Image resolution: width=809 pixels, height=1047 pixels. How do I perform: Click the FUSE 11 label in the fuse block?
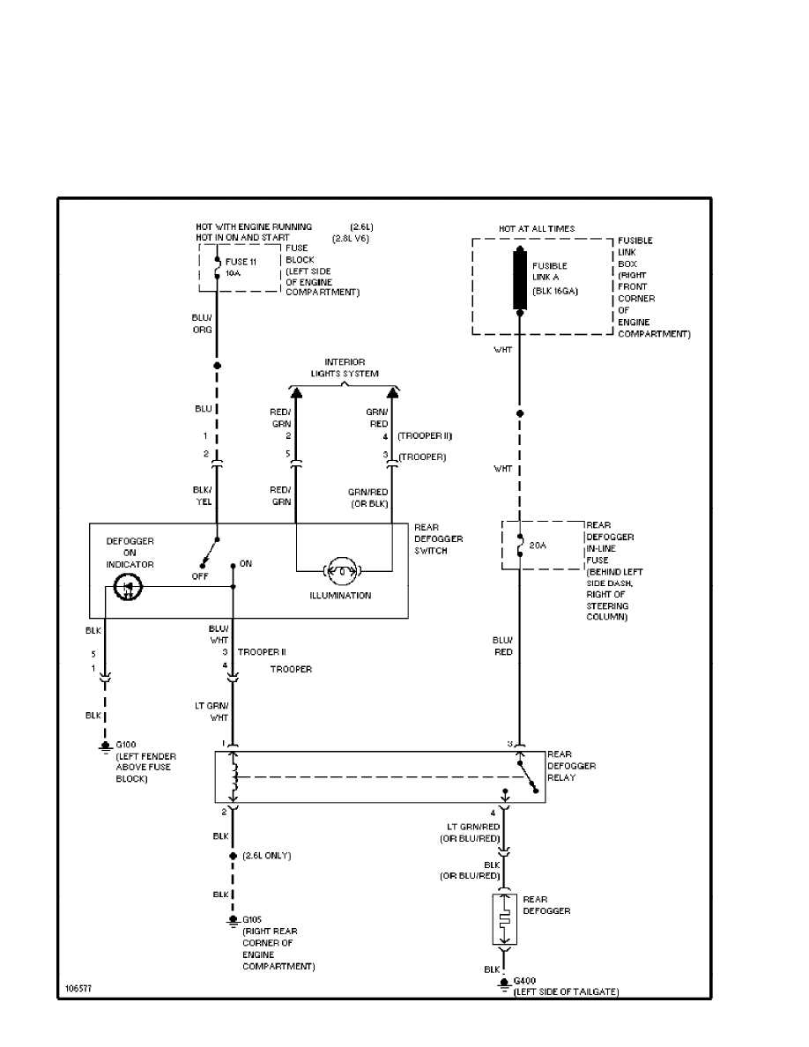point(241,262)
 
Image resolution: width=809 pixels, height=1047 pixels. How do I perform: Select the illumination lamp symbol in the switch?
point(341,571)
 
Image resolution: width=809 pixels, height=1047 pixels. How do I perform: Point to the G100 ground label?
point(128,746)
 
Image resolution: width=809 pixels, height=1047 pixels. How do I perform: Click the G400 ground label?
point(526,980)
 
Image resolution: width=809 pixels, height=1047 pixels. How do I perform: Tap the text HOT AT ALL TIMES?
point(537,229)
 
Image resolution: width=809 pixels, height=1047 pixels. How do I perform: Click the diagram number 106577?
point(76,989)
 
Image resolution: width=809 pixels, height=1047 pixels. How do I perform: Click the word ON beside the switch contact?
point(245,563)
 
